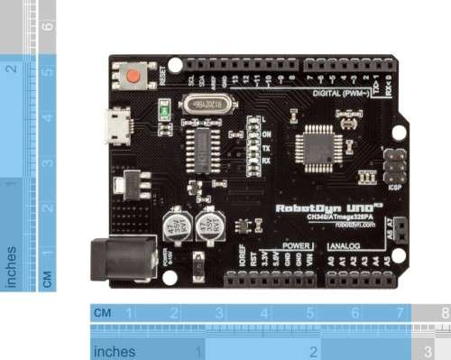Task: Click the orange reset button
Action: tap(136, 76)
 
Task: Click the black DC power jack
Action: tap(115, 260)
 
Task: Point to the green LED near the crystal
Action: tap(166, 112)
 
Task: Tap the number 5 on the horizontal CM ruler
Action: tap(309, 313)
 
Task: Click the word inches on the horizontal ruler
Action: tap(115, 350)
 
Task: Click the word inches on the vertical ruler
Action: tap(12, 267)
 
